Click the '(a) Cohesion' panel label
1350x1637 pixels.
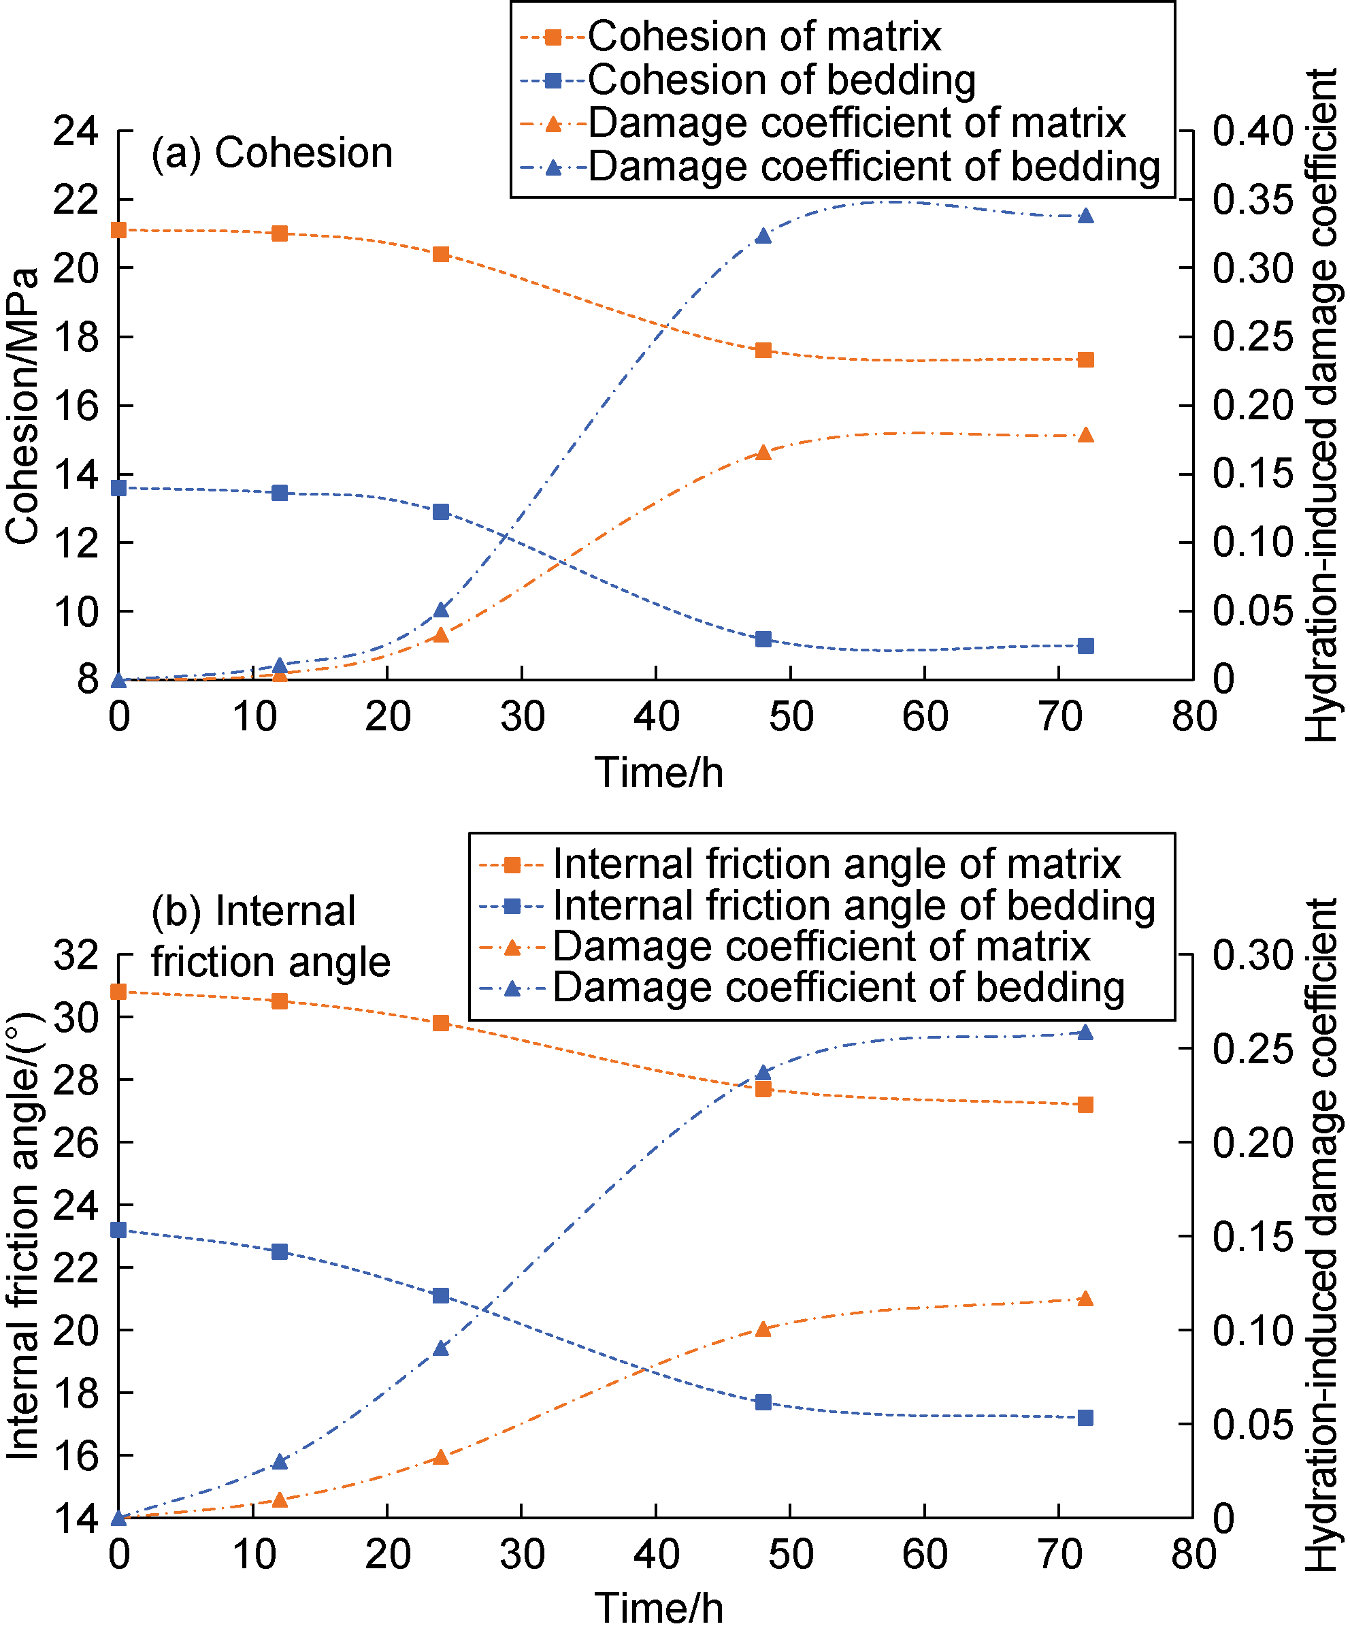(x=271, y=152)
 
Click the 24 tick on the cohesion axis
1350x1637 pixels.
(x=76, y=131)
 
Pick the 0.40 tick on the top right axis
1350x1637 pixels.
(x=1252, y=131)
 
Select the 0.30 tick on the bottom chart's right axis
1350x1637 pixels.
(x=1252, y=956)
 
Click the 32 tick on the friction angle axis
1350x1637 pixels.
(x=76, y=956)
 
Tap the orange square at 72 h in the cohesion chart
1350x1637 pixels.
(x=1087, y=360)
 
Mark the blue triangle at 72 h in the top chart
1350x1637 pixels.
(x=1087, y=216)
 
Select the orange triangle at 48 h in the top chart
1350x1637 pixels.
(x=763, y=453)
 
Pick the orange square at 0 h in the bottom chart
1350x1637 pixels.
(x=118, y=992)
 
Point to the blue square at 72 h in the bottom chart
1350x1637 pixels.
(x=1087, y=1419)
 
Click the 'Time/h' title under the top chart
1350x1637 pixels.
(x=659, y=773)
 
